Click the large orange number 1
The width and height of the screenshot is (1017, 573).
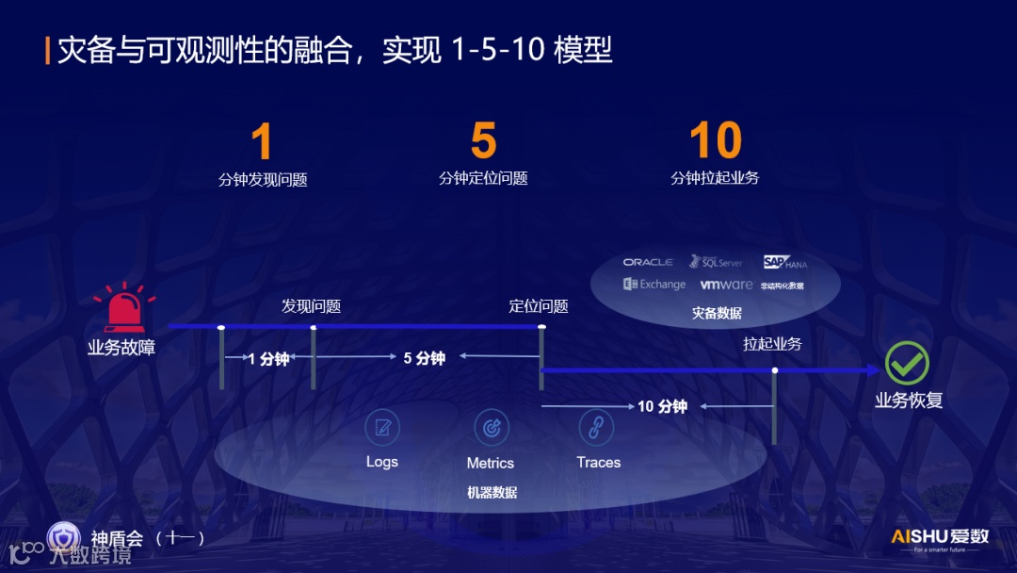point(262,142)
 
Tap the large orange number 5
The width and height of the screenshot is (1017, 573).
point(483,141)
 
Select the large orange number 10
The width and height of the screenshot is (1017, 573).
point(716,141)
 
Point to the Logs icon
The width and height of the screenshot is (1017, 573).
point(382,428)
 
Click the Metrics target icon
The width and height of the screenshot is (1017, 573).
point(491,428)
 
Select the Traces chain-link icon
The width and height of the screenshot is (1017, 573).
point(596,428)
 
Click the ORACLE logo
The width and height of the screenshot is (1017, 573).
point(648,262)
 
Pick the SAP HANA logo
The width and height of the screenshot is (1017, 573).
point(784,262)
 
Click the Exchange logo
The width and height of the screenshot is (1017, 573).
point(654,284)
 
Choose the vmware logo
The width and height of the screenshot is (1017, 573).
point(726,285)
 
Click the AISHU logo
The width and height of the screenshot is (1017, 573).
point(940,538)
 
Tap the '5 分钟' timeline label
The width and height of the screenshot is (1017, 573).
point(424,358)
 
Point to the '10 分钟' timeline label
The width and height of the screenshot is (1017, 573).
point(662,406)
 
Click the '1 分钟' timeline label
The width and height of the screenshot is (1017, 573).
point(268,359)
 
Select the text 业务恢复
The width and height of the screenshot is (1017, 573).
point(909,401)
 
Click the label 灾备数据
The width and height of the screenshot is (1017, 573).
point(717,313)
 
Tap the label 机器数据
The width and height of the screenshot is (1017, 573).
point(492,492)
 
